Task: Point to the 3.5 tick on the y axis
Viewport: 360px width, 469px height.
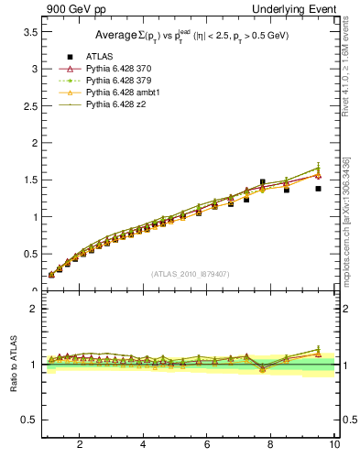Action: point(30,32)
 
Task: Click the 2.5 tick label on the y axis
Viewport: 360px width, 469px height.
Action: point(30,106)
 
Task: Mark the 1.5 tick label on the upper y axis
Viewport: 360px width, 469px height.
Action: point(30,180)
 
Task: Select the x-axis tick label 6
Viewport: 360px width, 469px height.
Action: point(207,444)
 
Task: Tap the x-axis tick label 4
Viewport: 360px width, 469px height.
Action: point(143,444)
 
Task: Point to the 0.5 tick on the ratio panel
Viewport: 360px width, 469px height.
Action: point(30,420)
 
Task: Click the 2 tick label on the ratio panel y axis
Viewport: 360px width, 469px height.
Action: point(35,309)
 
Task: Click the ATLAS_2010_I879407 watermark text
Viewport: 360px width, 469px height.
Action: point(190,272)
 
